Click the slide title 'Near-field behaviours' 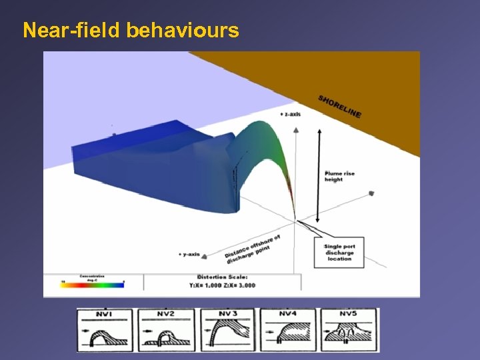tap(131, 31)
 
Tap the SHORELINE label tap(340, 106)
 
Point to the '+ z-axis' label tap(290, 114)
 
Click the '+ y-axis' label tap(189, 254)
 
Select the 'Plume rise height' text tap(339, 176)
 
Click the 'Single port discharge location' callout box tap(339, 253)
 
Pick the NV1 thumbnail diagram tap(105, 329)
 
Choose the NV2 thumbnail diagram tap(166, 329)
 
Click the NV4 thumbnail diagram tap(287, 329)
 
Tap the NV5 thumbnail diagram tap(348, 329)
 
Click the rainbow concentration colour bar tap(93, 284)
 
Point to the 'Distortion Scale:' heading tap(223, 277)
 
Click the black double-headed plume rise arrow tap(318, 175)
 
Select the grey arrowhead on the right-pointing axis tap(371, 194)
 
